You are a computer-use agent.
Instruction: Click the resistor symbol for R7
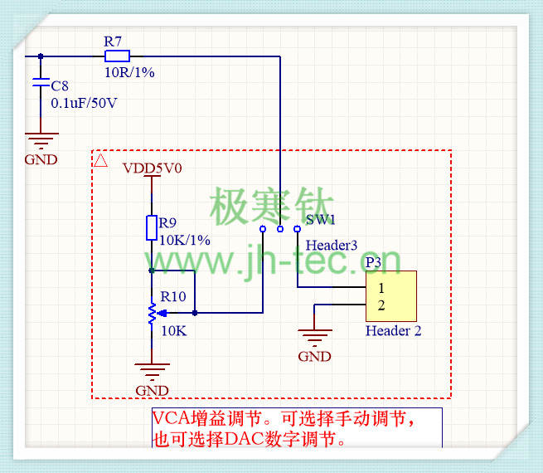(117, 56)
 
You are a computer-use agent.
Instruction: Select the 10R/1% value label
(128, 72)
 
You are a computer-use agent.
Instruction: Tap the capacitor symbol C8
(40, 85)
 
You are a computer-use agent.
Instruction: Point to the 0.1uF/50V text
(84, 104)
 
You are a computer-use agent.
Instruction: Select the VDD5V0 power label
(152, 168)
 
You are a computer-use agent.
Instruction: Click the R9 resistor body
(152, 227)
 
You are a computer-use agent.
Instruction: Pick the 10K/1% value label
(184, 240)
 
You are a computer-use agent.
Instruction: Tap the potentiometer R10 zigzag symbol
(152, 313)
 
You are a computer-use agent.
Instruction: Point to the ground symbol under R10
(152, 370)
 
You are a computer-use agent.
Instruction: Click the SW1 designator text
(320, 220)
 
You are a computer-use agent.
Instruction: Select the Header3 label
(332, 246)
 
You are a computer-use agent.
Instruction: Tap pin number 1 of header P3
(381, 288)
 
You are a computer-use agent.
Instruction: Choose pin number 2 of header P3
(381, 305)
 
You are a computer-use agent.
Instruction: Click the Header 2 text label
(394, 331)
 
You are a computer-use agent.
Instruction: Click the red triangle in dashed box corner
(101, 160)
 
